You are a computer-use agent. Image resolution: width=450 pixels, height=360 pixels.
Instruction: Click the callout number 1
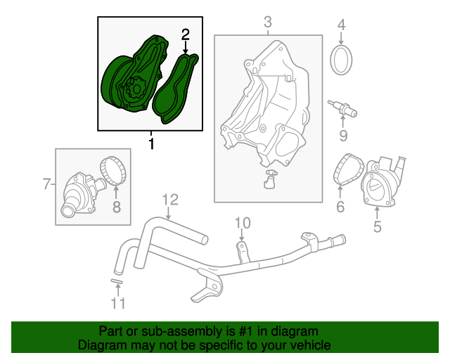[151, 144]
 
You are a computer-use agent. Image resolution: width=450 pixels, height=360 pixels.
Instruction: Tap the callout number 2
[186, 34]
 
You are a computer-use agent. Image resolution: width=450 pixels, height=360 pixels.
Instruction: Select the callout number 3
[268, 23]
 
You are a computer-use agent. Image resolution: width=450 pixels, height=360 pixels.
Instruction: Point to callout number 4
[342, 27]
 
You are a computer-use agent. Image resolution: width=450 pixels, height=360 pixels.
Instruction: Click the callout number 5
[377, 226]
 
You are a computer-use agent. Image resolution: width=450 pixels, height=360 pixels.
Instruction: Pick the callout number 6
[340, 207]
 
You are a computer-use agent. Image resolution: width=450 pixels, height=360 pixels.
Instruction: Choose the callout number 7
[46, 185]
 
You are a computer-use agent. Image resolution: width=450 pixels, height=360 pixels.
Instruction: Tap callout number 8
[117, 207]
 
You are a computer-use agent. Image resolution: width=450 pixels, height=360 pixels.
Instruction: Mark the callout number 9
[344, 135]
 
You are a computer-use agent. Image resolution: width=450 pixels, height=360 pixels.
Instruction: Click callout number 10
[242, 224]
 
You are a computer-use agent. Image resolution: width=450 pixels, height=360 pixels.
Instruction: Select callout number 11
[117, 303]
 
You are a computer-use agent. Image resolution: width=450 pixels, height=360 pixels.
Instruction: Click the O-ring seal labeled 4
[342, 59]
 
